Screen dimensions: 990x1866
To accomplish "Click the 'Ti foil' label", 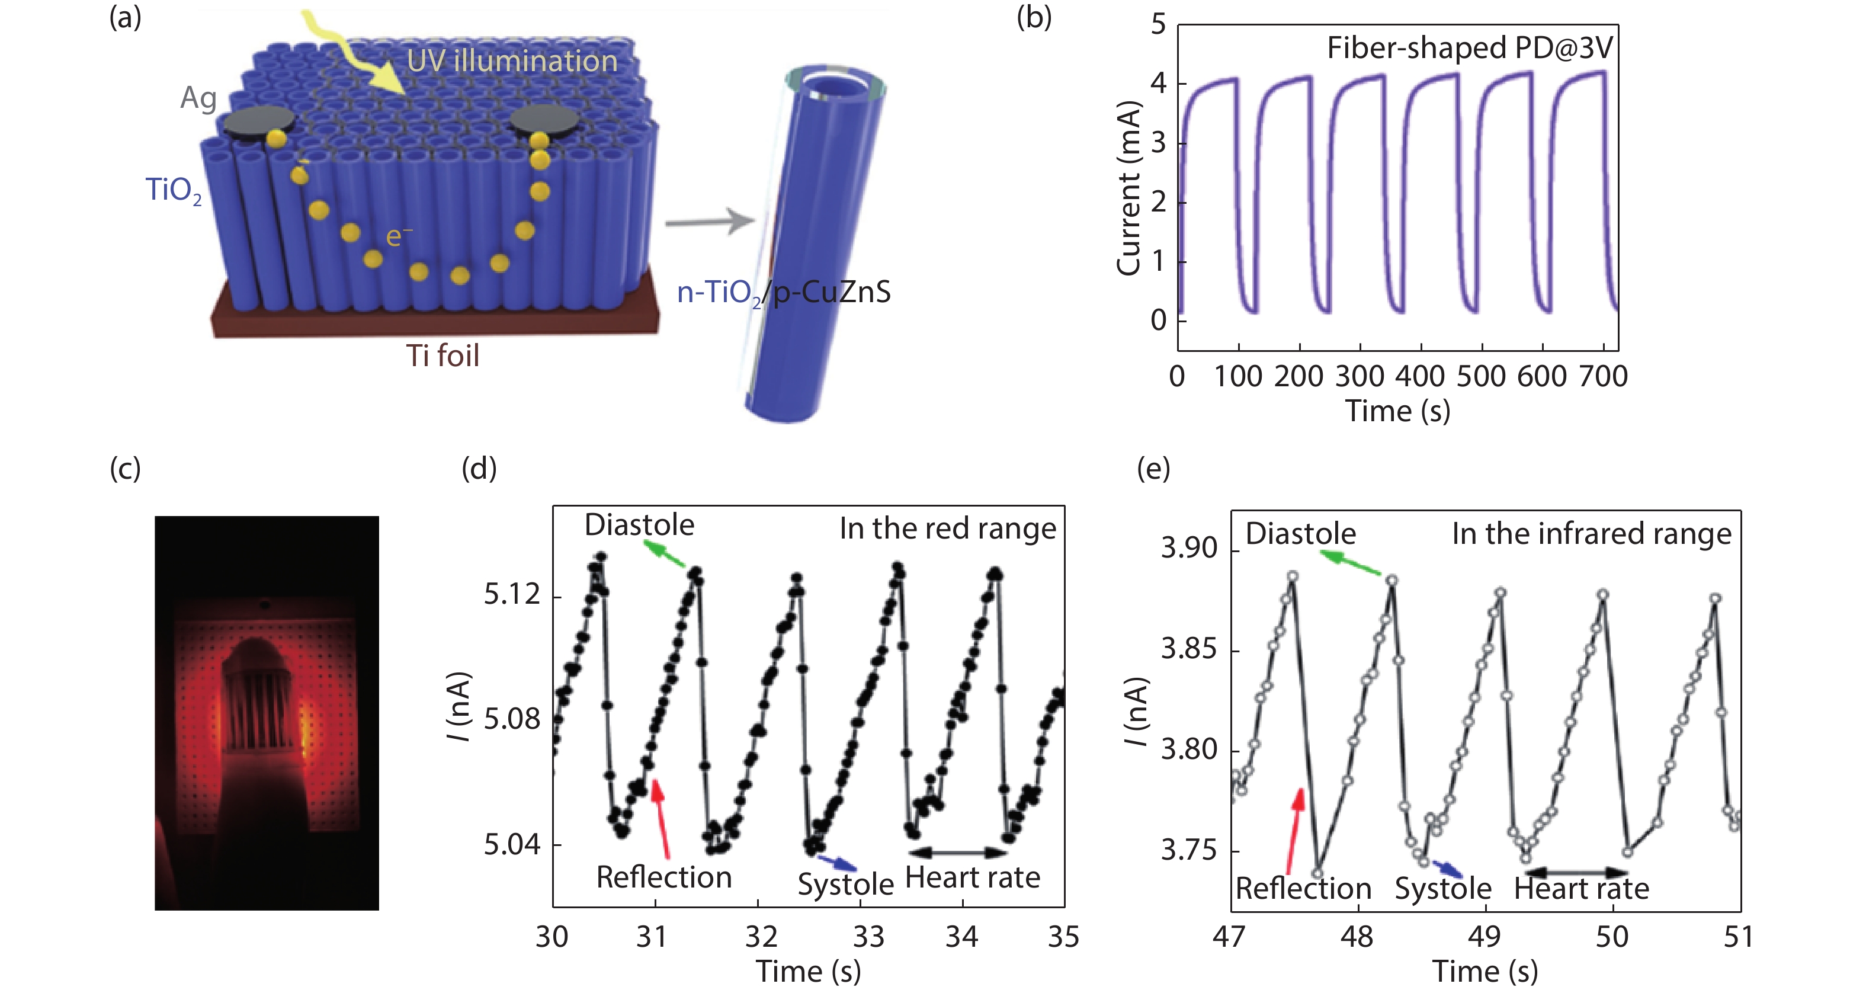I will [x=442, y=355].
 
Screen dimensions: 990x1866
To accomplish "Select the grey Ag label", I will [x=198, y=98].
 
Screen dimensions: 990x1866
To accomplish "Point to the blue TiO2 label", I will [x=174, y=190].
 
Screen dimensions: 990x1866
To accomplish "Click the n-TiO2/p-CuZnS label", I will [x=783, y=293].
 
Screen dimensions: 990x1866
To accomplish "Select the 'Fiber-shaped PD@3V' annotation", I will [x=1469, y=49].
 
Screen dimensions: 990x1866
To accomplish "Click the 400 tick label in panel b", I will [x=1421, y=377].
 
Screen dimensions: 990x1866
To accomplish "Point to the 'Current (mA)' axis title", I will [x=1128, y=188].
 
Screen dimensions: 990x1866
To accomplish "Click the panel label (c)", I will [x=124, y=469].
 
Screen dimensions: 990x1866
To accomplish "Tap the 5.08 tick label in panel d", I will [x=511, y=719].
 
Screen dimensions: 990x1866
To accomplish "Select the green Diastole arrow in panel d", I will [x=663, y=556].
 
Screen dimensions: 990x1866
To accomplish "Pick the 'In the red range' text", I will [x=947, y=528].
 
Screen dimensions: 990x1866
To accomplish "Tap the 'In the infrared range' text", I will [x=1591, y=534].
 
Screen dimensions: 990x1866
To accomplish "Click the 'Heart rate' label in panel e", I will [x=1580, y=889].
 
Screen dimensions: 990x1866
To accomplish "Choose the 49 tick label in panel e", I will [x=1485, y=937].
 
